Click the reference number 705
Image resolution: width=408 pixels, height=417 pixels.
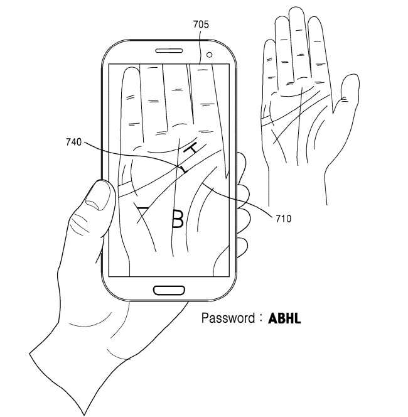[201, 25]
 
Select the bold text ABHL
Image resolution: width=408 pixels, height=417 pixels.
[285, 318]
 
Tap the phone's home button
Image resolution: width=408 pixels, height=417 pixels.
[168, 290]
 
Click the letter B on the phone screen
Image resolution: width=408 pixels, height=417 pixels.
[178, 218]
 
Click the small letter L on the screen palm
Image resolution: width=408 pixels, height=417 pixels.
[181, 169]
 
